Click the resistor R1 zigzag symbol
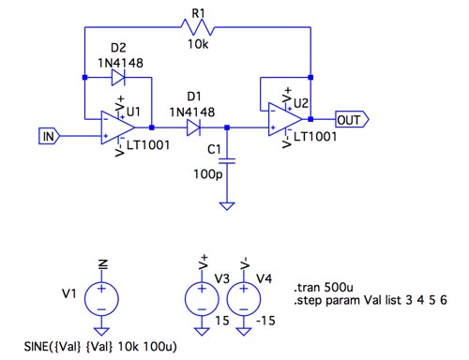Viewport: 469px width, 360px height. point(198,27)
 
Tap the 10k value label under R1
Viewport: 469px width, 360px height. point(198,44)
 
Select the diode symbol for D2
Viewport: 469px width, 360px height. point(118,77)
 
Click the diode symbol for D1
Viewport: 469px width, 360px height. point(193,127)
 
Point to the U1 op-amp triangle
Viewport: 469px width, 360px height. point(117,127)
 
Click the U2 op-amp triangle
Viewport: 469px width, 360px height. point(285,119)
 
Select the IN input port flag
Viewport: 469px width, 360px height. point(49,136)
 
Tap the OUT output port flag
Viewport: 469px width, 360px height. point(352,119)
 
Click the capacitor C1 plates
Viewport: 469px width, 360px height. point(227,161)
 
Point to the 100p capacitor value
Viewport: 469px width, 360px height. point(208,174)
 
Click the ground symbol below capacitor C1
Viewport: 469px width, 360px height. point(227,206)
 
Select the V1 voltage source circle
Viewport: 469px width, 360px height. point(101,299)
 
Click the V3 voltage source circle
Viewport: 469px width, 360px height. point(202,299)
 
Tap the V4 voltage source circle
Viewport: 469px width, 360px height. point(244,299)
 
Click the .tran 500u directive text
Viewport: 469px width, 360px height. point(324,287)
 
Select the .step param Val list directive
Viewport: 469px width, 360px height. point(371,300)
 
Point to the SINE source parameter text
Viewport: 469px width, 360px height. point(100,346)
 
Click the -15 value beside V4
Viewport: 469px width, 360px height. point(265,321)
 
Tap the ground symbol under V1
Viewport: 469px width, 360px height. point(101,331)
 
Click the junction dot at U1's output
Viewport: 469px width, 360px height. point(152,127)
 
